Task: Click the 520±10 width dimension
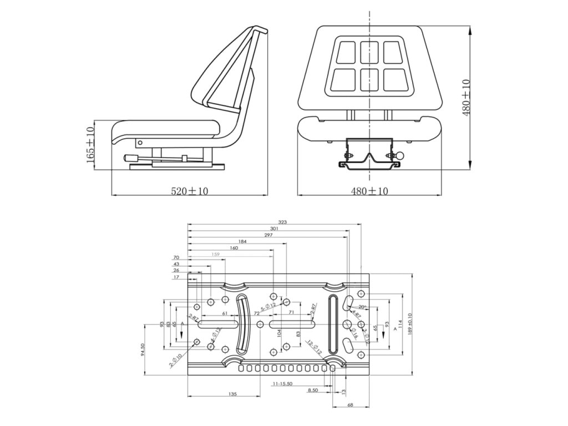click(x=189, y=191)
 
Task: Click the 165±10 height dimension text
click(x=91, y=144)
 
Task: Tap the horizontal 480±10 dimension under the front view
click(x=370, y=191)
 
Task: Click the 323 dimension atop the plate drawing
click(x=282, y=222)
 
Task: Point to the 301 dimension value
click(x=274, y=229)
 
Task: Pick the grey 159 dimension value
click(x=216, y=255)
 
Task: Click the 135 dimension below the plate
click(x=232, y=394)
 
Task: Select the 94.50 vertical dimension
click(x=143, y=352)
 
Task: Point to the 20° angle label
click(x=362, y=307)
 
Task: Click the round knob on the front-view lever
click(x=399, y=156)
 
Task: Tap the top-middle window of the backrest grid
click(x=369, y=52)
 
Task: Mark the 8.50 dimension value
click(x=312, y=390)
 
